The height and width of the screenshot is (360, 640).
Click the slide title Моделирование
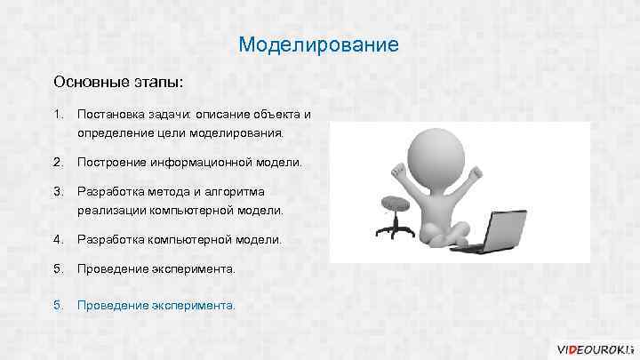click(320, 44)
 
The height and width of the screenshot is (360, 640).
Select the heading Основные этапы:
click(118, 81)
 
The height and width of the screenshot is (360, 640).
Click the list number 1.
click(58, 115)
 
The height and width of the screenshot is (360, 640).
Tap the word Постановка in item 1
click(108, 115)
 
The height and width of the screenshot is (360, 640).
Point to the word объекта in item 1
click(276, 115)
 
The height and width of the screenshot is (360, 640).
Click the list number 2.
click(58, 163)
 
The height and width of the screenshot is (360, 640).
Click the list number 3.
click(58, 191)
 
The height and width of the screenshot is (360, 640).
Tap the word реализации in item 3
click(111, 211)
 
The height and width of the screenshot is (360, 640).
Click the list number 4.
click(58, 239)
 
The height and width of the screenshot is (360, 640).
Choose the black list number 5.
click(58, 268)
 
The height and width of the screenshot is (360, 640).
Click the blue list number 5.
click(58, 305)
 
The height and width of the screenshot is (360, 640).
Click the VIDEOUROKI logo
click(594, 347)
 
